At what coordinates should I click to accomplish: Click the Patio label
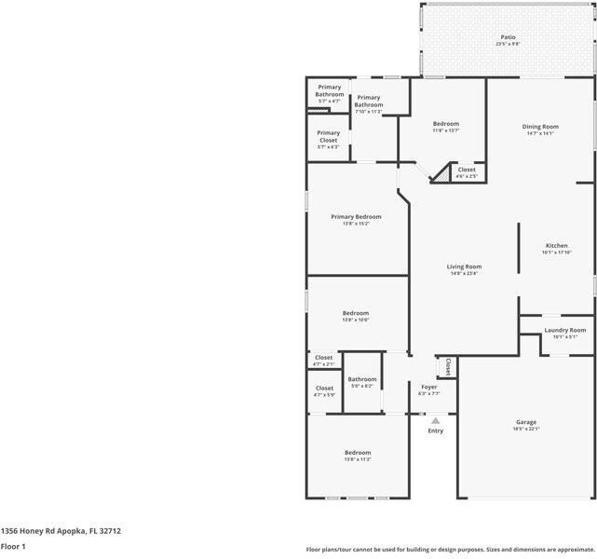(508, 38)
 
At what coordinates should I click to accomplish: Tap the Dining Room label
(541, 127)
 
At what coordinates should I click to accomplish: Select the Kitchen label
(556, 246)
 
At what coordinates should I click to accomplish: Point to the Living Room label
(464, 266)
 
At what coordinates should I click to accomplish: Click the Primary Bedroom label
(356, 217)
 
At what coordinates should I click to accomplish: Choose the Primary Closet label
(328, 136)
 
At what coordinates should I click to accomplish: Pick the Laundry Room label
(564, 330)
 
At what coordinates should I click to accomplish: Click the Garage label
(526, 422)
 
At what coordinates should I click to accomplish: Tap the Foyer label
(428, 387)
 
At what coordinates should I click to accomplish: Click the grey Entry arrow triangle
(435, 420)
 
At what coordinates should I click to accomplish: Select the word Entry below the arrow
(435, 430)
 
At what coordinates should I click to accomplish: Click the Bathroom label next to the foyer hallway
(362, 379)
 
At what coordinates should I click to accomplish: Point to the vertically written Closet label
(448, 366)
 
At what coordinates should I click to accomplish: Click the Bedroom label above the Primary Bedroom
(445, 124)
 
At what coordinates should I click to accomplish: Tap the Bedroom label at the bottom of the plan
(358, 453)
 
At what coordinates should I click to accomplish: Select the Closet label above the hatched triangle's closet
(466, 170)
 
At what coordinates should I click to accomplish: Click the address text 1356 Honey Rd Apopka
(61, 531)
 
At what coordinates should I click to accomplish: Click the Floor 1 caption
(13, 547)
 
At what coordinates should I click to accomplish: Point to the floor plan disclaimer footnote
(451, 550)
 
